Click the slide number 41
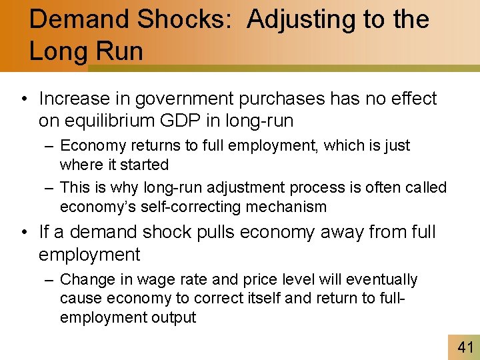pyautogui.click(x=465, y=347)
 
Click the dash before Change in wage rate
pyautogui.click(x=49, y=279)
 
